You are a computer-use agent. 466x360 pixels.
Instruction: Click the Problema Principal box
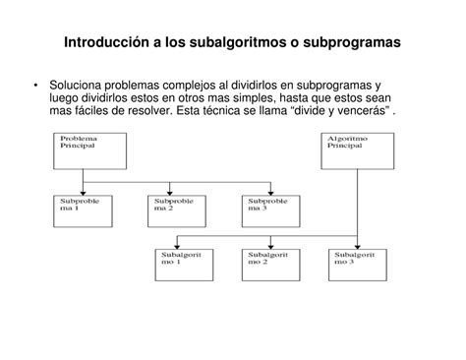click(x=83, y=150)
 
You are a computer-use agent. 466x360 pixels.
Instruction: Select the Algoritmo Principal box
click(x=355, y=150)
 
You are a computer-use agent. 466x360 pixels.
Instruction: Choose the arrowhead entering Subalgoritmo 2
click(x=268, y=246)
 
